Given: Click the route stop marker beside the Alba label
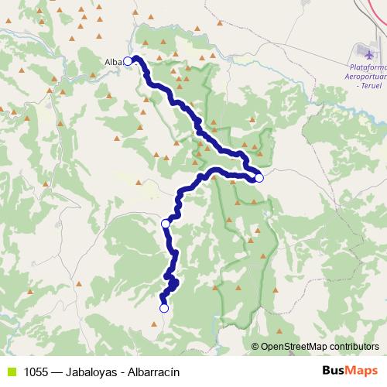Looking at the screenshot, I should [128, 62].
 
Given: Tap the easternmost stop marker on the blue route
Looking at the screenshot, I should [259, 178].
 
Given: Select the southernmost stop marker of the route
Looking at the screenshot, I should [163, 308].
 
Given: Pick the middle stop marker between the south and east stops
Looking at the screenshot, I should [165, 224].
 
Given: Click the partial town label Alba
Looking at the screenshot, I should [113, 63].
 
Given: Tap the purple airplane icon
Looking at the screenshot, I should [366, 52].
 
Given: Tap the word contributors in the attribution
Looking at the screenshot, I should [356, 348].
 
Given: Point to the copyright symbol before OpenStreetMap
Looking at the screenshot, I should [255, 348].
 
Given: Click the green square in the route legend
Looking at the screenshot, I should [11, 372].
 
